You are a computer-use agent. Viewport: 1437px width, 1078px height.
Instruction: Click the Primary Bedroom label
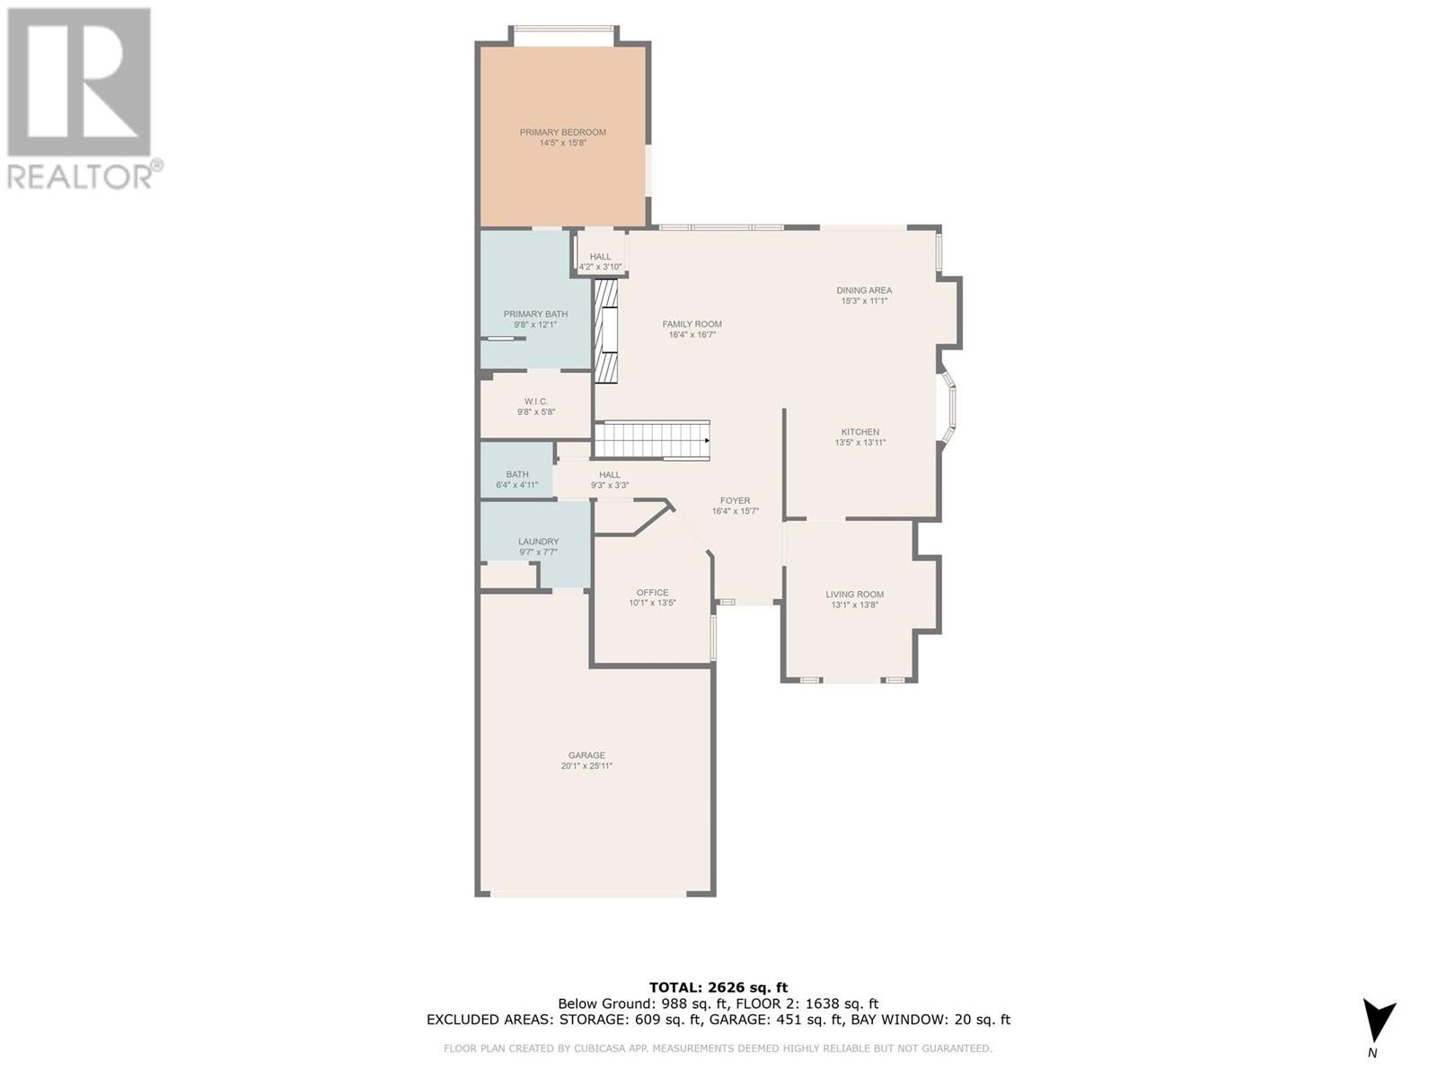pyautogui.click(x=562, y=132)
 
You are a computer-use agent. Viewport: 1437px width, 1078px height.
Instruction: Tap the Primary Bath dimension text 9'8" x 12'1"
pyautogui.click(x=535, y=324)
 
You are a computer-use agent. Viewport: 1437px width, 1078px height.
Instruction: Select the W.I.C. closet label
pyautogui.click(x=536, y=402)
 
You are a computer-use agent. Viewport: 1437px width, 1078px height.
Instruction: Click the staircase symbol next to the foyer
pyautogui.click(x=652, y=440)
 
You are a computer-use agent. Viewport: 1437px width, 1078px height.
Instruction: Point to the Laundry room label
pyautogui.click(x=538, y=542)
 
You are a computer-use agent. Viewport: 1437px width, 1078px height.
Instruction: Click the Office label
pyautogui.click(x=652, y=593)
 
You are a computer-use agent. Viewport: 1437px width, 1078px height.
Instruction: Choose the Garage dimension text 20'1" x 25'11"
pyautogui.click(x=586, y=766)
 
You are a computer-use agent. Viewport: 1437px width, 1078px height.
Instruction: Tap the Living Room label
pyautogui.click(x=855, y=594)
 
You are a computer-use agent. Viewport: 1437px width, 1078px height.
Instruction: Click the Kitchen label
pyautogui.click(x=860, y=432)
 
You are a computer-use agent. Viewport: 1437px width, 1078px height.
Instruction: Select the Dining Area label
pyautogui.click(x=864, y=290)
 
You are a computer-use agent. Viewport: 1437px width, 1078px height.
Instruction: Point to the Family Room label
pyautogui.click(x=692, y=324)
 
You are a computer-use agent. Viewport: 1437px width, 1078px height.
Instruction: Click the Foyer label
pyautogui.click(x=735, y=500)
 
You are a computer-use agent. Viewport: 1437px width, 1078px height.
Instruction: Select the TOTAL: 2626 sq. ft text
pyautogui.click(x=718, y=987)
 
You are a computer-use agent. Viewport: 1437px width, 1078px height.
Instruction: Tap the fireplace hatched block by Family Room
pyautogui.click(x=607, y=331)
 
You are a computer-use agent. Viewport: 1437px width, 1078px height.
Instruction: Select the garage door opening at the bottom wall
pyautogui.click(x=588, y=894)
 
